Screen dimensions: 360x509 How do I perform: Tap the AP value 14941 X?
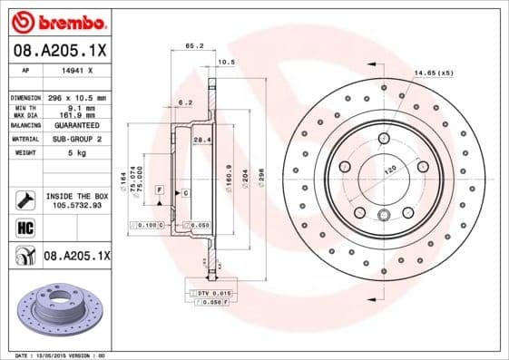pos(73,70)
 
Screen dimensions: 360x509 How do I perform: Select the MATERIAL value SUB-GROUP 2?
pos(73,140)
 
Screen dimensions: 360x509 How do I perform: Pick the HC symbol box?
pos(23,228)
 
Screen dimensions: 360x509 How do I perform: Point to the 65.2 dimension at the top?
pos(193,44)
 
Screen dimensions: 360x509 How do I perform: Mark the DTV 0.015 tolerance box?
pos(210,293)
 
